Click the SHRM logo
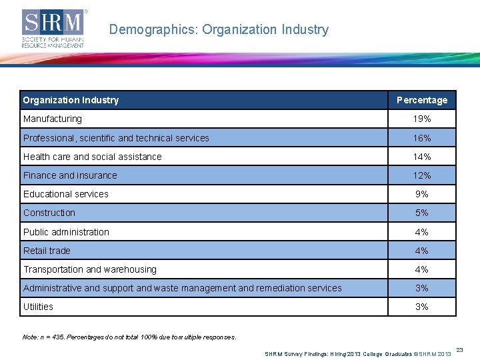pos(54,29)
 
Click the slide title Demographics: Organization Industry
pos(219,30)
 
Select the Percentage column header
pos(422,100)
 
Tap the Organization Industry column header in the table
pos(71,100)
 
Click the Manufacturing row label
pos(53,119)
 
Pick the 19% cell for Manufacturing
pos(422,119)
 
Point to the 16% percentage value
pos(422,138)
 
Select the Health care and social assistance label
pos(93,157)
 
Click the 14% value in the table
pos(422,157)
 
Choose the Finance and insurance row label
pos(70,175)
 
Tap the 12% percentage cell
pos(422,175)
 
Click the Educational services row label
pos(66,194)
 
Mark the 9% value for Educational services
pos(422,194)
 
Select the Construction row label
pos(49,213)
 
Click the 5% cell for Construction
pos(422,213)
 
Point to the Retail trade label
pos(47,251)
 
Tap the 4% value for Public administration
pos(422,232)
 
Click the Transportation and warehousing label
pos(90,269)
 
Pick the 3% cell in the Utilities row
pos(422,307)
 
